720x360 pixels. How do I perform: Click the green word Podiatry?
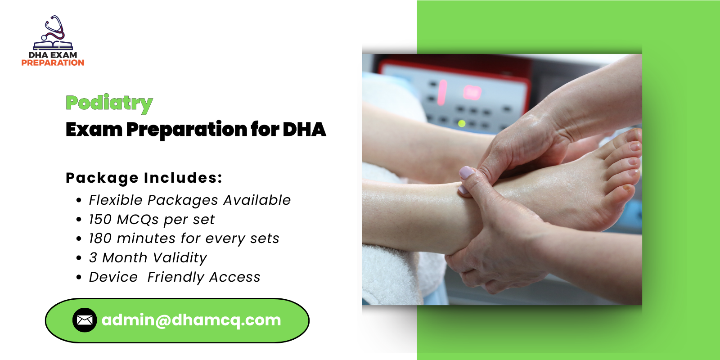pos(109,103)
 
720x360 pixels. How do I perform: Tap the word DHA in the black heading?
pos(304,130)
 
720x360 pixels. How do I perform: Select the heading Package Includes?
pos(144,178)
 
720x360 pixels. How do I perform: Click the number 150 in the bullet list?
pos(100,219)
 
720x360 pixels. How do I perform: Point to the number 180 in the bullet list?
pos(100,238)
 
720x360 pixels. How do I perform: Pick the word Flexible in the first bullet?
pos(115,200)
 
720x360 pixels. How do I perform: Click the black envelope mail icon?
pos(85,320)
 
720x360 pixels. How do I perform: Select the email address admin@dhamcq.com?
pos(191,320)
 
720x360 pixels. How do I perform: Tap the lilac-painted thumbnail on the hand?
pos(467,172)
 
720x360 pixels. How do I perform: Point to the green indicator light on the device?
pos(462,123)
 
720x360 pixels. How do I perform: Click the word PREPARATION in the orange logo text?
pos(53,63)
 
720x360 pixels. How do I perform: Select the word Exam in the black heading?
pos(94,130)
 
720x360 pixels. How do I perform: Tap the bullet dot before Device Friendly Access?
pos(79,277)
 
